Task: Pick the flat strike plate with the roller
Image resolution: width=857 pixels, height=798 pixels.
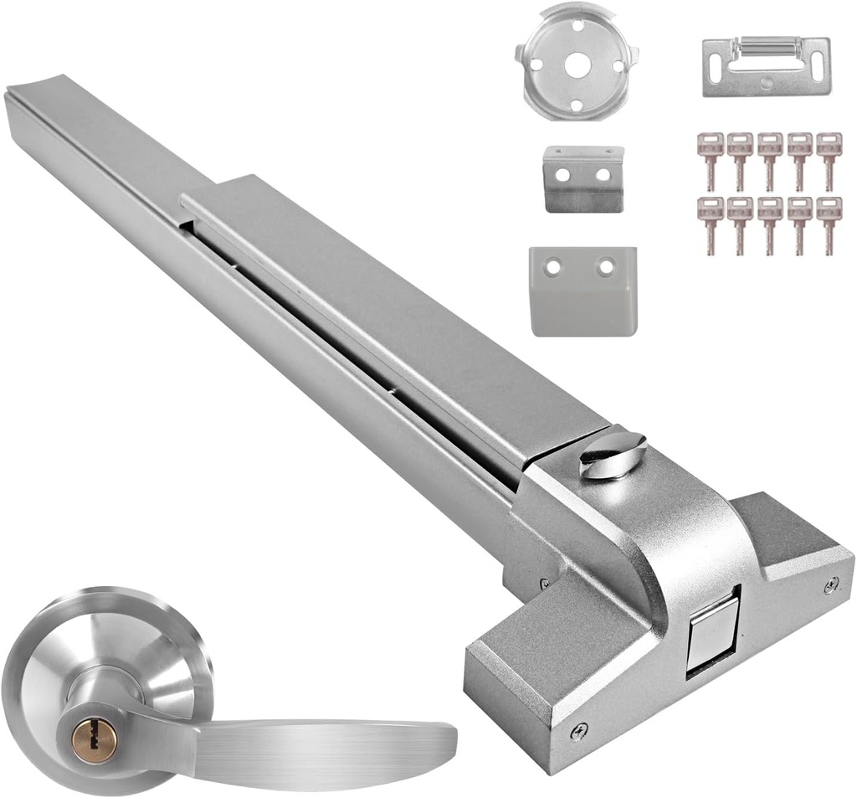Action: click(766, 66)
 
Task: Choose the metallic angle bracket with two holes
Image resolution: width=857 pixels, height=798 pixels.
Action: click(583, 178)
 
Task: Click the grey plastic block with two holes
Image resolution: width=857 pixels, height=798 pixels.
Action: click(582, 290)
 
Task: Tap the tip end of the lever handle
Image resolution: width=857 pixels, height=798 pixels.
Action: click(448, 741)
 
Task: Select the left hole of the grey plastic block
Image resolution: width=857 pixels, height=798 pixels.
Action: click(552, 266)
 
